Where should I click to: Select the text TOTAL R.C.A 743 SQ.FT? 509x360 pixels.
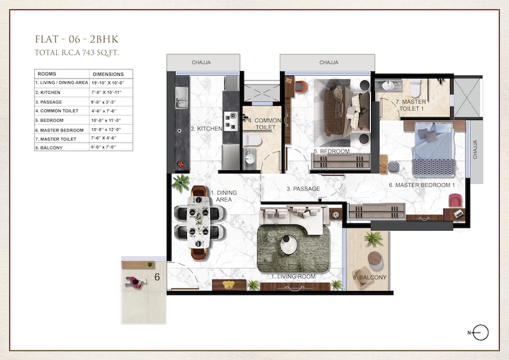point(82,52)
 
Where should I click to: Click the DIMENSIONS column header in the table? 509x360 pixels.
point(108,74)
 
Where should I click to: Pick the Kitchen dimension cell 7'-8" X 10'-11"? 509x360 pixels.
point(108,92)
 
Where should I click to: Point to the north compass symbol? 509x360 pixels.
point(480,333)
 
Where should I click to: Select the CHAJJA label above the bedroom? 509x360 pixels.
point(328,62)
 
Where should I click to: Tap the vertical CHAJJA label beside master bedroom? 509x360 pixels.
point(475,152)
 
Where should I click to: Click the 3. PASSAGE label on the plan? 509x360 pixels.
point(303,189)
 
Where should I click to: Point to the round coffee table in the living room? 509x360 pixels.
point(289,245)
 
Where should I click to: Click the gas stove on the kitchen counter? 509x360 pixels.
point(230,121)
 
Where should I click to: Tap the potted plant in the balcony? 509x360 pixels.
point(373,239)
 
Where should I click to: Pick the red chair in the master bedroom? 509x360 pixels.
point(455,200)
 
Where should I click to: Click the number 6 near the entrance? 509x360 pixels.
point(157,276)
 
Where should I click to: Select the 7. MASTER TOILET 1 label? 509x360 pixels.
point(411,104)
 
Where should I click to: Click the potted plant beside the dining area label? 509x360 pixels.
point(180,182)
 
